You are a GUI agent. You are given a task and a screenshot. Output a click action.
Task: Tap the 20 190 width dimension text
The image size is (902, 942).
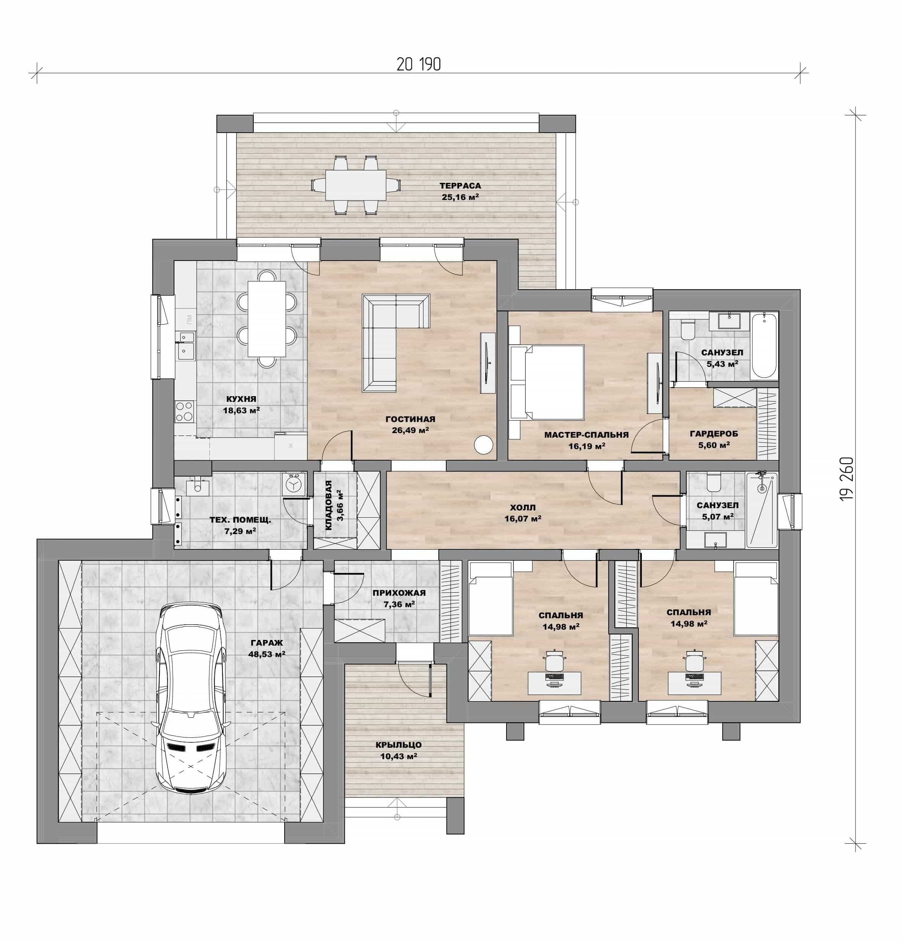[x=419, y=64]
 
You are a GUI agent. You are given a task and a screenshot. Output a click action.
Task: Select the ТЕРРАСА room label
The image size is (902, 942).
[x=460, y=186]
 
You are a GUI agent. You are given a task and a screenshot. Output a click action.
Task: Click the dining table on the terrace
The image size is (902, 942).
[x=355, y=185]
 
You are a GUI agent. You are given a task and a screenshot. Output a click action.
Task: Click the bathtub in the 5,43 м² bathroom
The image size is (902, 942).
[x=764, y=345]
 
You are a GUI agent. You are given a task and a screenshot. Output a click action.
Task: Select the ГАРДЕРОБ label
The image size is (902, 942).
[x=713, y=433]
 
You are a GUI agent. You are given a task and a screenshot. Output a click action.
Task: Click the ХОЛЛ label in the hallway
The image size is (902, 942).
[x=523, y=507]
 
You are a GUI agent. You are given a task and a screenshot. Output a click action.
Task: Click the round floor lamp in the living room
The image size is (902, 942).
[x=483, y=445]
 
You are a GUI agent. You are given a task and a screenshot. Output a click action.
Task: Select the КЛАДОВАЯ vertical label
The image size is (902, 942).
[x=329, y=505]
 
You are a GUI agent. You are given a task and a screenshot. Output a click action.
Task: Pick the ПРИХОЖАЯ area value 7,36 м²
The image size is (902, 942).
[x=399, y=604]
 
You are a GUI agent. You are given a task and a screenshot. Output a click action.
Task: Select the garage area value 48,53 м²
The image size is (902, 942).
[x=267, y=654]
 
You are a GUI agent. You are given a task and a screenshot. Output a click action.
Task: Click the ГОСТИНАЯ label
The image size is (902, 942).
[x=410, y=419]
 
